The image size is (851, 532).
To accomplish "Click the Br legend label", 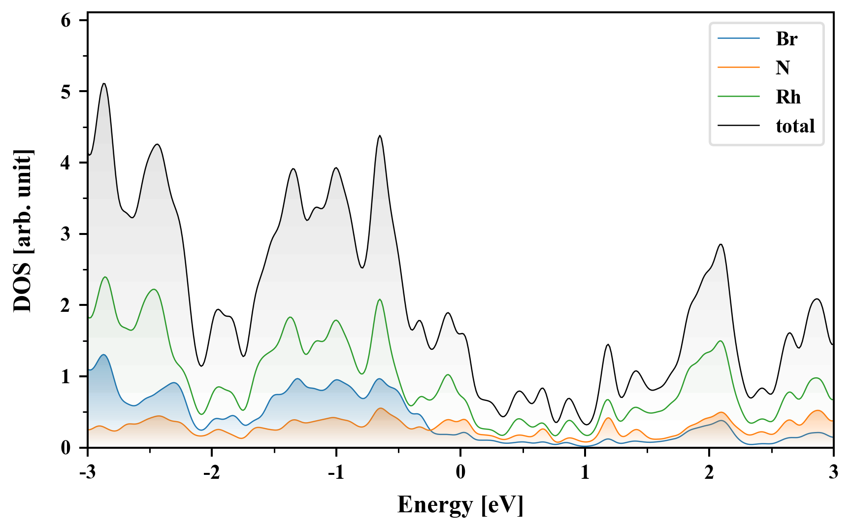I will (x=786, y=38).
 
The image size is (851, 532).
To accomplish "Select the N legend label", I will (x=783, y=67).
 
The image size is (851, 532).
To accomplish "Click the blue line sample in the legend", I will (x=738, y=38).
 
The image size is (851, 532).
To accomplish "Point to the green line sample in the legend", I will (x=738, y=97).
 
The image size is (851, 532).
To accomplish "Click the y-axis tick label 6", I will (x=66, y=20).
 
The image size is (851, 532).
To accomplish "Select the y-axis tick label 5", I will (x=66, y=92).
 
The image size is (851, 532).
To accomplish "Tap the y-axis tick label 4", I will (x=66, y=163).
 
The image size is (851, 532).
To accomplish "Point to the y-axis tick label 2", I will (x=66, y=305).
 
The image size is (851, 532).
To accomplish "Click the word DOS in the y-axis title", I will (x=23, y=290).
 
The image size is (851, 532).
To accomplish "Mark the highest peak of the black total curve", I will (x=104, y=84).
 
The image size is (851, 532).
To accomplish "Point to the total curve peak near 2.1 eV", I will (x=721, y=244).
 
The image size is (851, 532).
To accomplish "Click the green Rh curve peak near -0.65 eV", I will (x=380, y=299).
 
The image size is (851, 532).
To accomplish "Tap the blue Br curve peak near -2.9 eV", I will (x=103, y=355).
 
